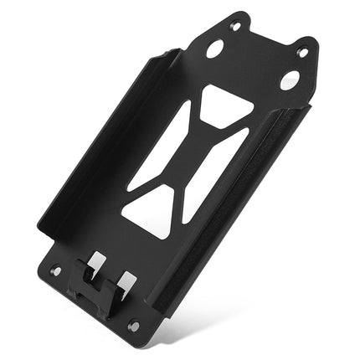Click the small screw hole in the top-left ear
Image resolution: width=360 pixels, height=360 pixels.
(x=235, y=28)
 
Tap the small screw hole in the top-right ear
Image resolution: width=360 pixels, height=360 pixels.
(x=302, y=53)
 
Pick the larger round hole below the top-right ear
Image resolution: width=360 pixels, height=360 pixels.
(x=289, y=80)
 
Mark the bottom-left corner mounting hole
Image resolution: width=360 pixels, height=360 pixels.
(x=56, y=270)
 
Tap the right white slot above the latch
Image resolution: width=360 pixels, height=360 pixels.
(x=125, y=281)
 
